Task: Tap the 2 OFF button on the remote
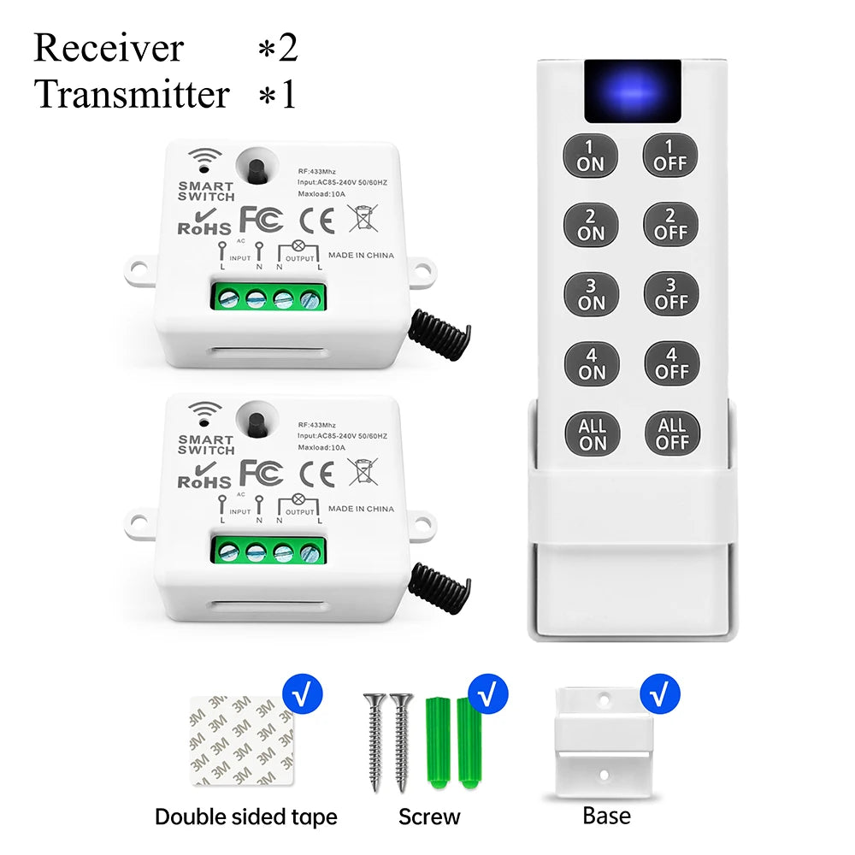[670, 225]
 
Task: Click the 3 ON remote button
[591, 294]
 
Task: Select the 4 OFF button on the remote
[671, 364]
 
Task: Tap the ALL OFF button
[672, 434]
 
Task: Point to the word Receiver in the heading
[109, 48]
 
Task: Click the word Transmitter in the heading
[133, 94]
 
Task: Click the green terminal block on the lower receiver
[269, 551]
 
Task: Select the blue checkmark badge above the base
[658, 694]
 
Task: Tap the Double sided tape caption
[245, 817]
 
